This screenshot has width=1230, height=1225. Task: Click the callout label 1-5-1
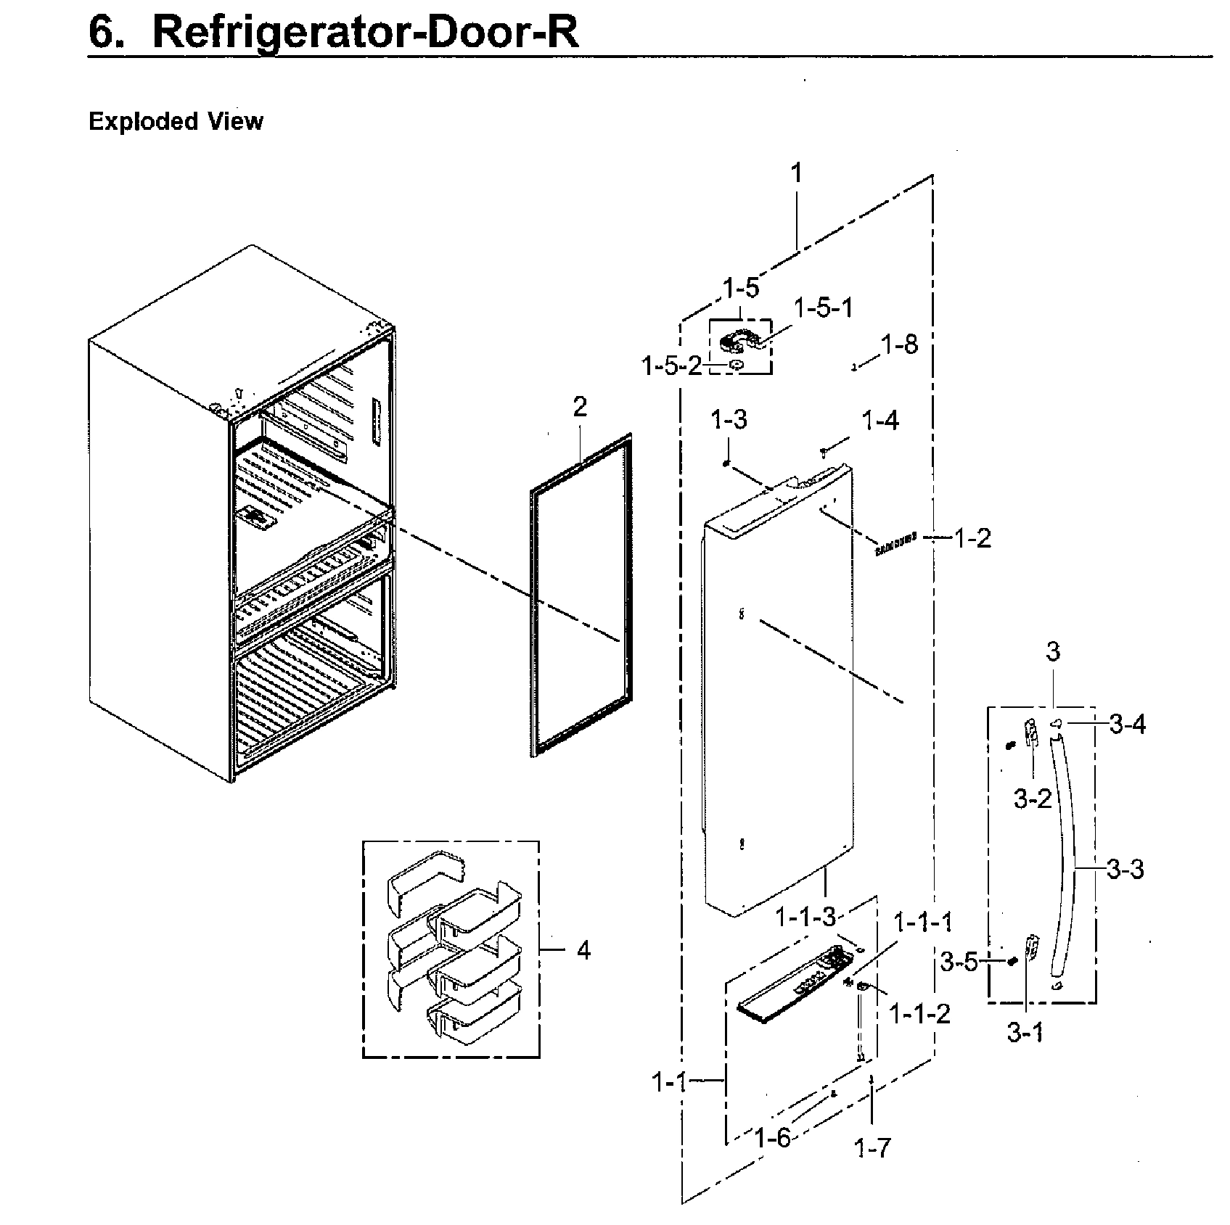coord(824,308)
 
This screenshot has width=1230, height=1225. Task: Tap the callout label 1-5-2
coord(672,366)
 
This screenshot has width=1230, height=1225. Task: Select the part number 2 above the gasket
coord(579,407)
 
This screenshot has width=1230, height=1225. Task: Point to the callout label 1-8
coord(900,345)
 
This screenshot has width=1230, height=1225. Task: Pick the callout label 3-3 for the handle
coord(1126,868)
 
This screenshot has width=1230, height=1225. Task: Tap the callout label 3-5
coord(959,962)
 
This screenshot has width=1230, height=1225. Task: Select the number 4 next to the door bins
coord(583,950)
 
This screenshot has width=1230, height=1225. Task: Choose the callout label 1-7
coord(872,1147)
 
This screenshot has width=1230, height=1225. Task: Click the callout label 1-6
coord(773,1137)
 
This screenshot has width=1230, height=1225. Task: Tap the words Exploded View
coord(176,121)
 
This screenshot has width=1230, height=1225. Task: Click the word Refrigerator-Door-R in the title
coord(366,32)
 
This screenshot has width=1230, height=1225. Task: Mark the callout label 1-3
coord(729,419)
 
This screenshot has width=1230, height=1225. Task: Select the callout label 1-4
coord(880,420)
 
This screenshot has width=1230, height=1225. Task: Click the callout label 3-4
coord(1128,724)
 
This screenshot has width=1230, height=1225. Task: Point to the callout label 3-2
coord(1033,799)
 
